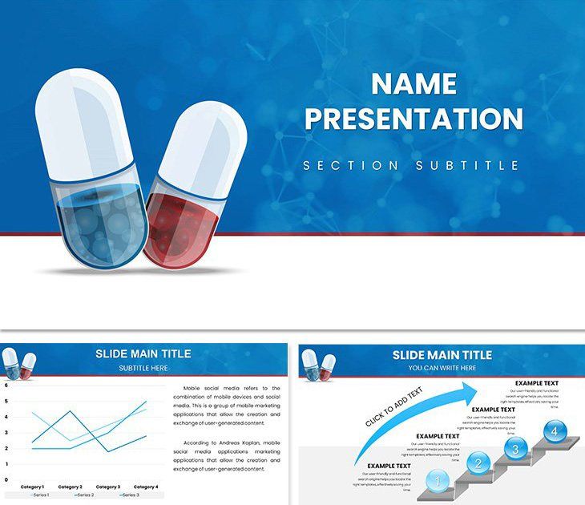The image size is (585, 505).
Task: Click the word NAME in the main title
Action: click(414, 83)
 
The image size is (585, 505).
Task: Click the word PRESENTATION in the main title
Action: click(414, 119)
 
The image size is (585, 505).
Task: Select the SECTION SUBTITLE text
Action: click(411, 165)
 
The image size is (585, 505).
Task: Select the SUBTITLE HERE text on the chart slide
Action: click(143, 368)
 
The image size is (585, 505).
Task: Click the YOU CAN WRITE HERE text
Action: click(442, 368)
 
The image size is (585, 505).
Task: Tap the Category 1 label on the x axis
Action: click(32, 487)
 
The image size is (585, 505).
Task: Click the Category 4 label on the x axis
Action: click(145, 487)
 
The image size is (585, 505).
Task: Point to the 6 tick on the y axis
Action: click(6, 385)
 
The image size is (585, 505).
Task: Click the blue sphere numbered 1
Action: click(437, 482)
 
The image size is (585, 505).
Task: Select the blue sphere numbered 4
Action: click(552, 431)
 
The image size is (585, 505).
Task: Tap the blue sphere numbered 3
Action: click(516, 447)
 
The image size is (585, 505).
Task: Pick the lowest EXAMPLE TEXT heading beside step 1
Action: click(389, 466)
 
